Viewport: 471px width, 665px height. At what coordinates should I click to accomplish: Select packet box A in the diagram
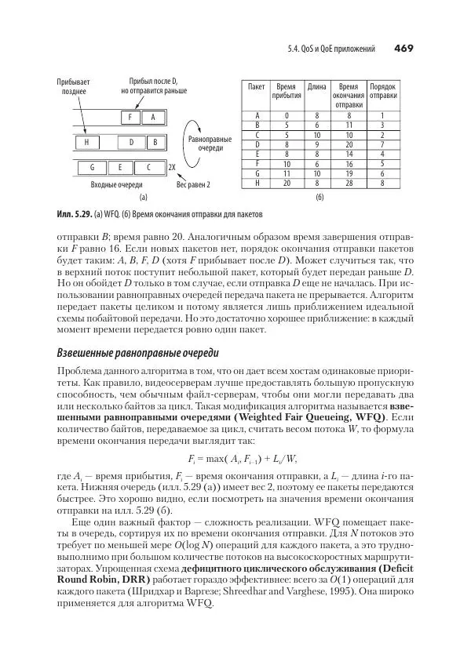154,118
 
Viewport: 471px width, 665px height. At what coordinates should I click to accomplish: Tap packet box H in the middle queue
86,143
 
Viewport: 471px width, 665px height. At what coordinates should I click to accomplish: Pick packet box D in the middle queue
131,143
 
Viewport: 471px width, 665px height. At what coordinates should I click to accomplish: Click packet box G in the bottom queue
93,168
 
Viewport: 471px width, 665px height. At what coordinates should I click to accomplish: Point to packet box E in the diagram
120,168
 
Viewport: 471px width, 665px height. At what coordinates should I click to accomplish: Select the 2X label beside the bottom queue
171,168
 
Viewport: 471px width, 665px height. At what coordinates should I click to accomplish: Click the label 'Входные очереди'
106,185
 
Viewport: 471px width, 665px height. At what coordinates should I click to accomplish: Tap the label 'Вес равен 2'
192,185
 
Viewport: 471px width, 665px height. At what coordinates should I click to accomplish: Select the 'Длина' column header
317,85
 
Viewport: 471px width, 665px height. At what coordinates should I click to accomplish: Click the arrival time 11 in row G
287,173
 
